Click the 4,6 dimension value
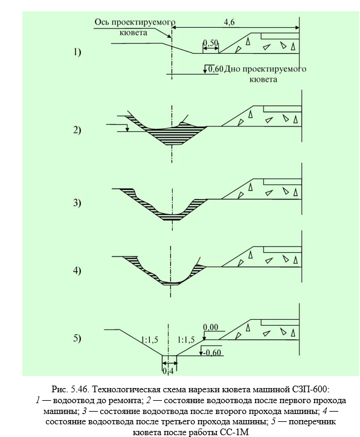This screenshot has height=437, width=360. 229,22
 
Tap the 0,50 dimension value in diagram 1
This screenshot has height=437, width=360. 210,43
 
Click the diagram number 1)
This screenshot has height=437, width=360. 77,52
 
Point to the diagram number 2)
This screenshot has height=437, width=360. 77,130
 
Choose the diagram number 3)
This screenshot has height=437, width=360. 77,202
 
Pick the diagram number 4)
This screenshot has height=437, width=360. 77,270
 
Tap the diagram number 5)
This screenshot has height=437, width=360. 77,338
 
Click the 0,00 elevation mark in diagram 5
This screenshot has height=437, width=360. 211,327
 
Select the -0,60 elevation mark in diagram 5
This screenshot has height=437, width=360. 212,353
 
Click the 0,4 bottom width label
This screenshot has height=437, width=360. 168,372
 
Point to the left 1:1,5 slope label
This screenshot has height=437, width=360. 150,340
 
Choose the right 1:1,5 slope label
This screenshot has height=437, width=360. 186,340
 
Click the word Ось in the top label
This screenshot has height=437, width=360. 102,22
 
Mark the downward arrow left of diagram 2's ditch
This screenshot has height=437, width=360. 127,128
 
